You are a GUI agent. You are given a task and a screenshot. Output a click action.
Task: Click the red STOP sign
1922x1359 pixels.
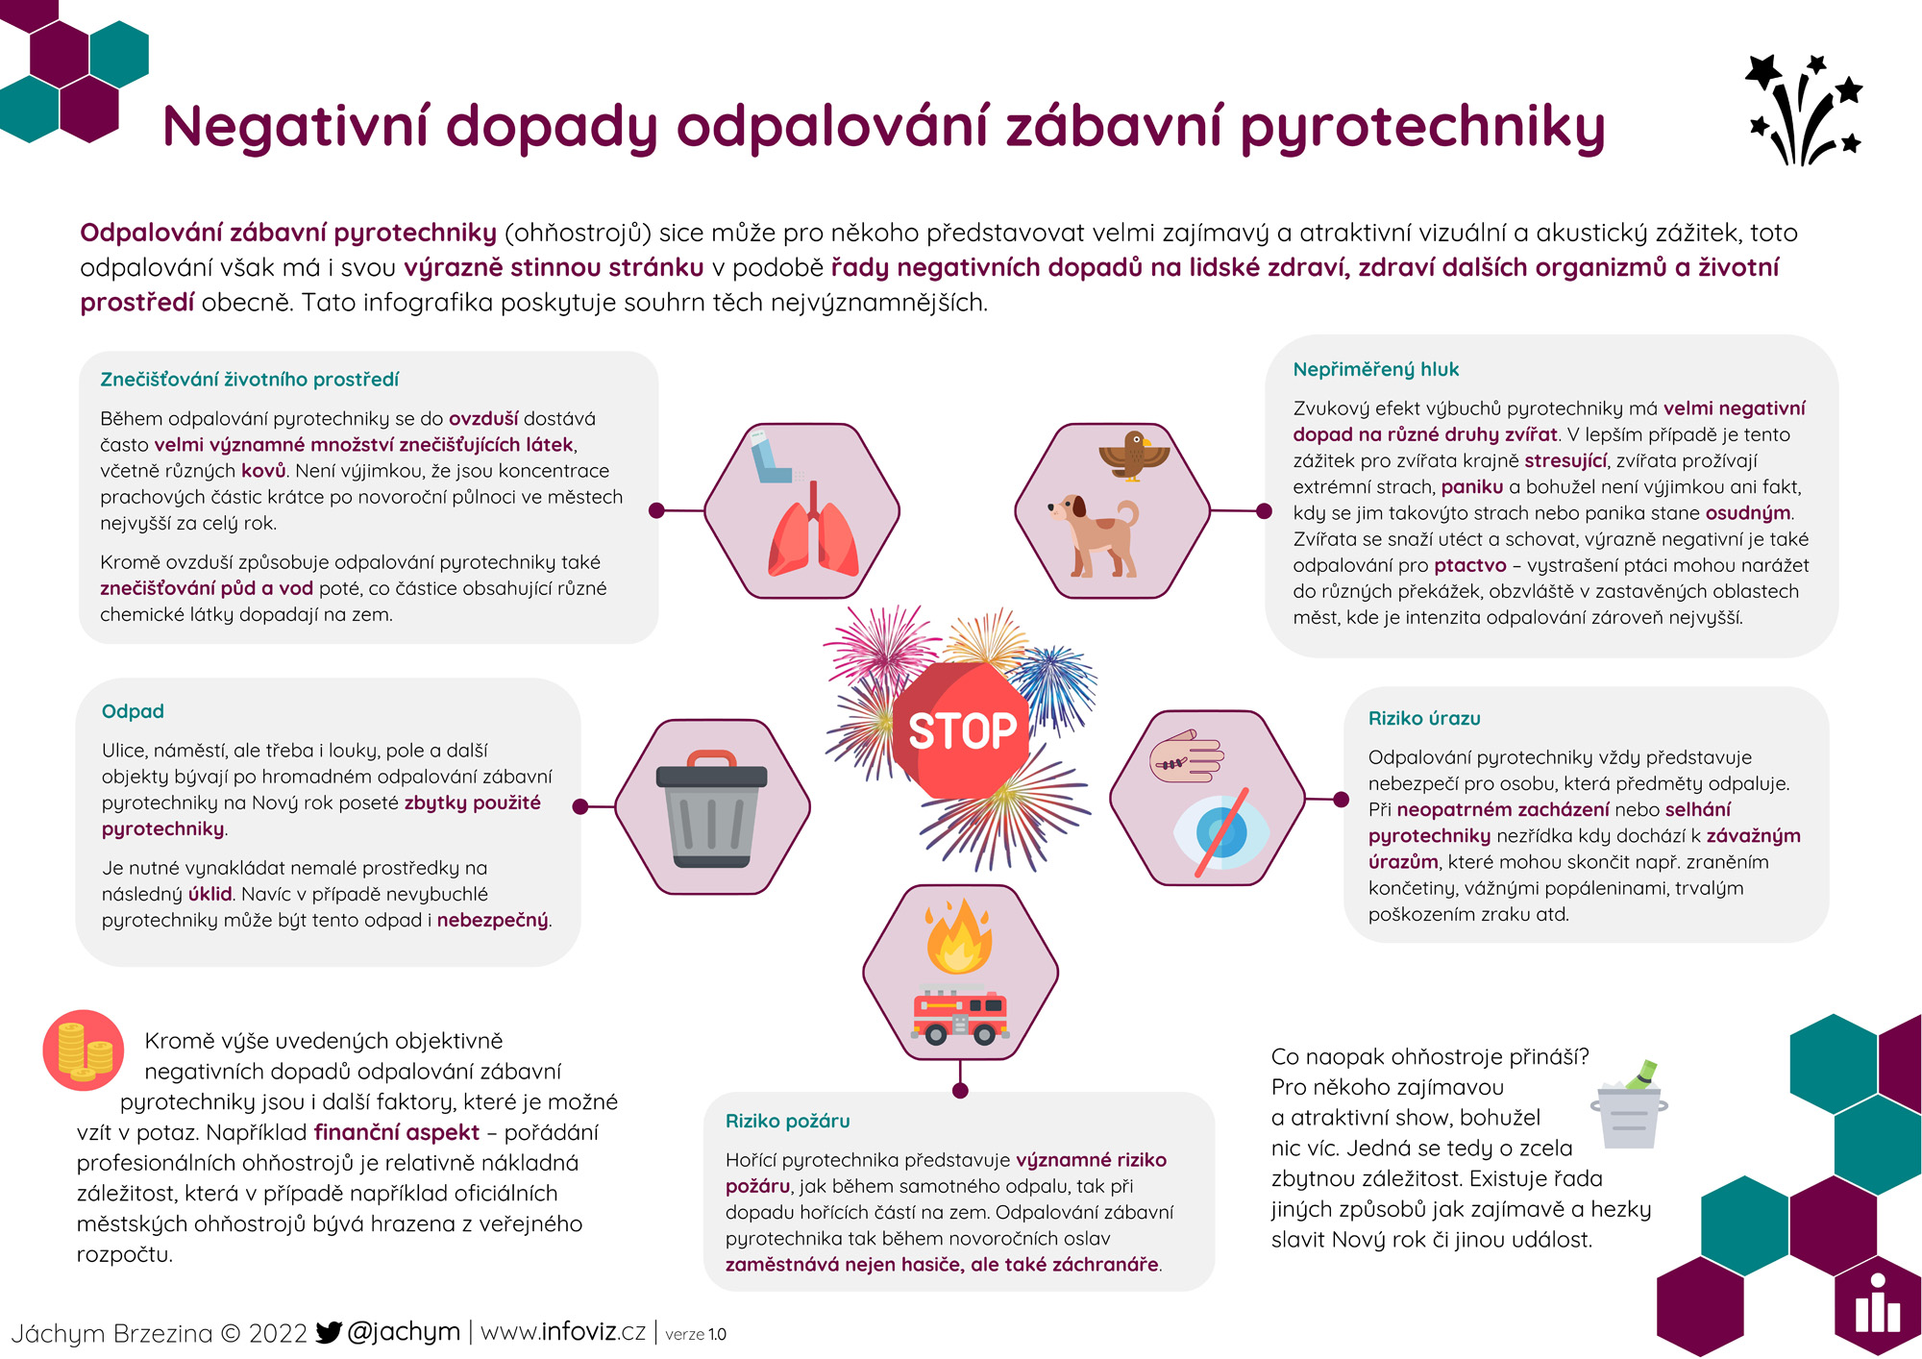[x=961, y=730]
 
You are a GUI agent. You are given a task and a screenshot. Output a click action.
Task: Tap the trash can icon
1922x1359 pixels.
[x=711, y=807]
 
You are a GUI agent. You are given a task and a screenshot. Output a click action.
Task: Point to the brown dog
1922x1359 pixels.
[x=1096, y=533]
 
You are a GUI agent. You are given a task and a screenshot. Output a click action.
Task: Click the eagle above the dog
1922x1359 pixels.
[x=1135, y=455]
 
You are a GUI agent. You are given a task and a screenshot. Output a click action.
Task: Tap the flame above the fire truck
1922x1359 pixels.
[x=958, y=936]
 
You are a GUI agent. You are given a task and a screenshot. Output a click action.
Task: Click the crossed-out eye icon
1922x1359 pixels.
[x=1220, y=833]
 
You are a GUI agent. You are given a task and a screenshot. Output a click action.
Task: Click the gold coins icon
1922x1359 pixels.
[x=84, y=1050]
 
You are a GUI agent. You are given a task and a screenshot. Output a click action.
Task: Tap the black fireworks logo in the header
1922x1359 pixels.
[x=1804, y=111]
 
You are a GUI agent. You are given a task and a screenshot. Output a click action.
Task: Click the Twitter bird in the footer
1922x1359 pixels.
[x=329, y=1332]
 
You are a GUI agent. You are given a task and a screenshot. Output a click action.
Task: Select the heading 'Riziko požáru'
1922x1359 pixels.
[x=787, y=1121]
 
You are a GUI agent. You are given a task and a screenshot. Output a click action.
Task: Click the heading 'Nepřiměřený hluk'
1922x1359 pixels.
[x=1375, y=369]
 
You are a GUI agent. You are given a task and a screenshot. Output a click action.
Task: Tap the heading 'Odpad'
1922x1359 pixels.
[x=133, y=711]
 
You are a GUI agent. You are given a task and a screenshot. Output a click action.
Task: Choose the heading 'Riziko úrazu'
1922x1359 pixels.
[x=1423, y=718]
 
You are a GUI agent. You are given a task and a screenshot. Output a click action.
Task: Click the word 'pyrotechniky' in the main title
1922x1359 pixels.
[x=1421, y=128]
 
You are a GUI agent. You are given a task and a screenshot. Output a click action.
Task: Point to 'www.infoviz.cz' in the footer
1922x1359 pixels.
[x=562, y=1332]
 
